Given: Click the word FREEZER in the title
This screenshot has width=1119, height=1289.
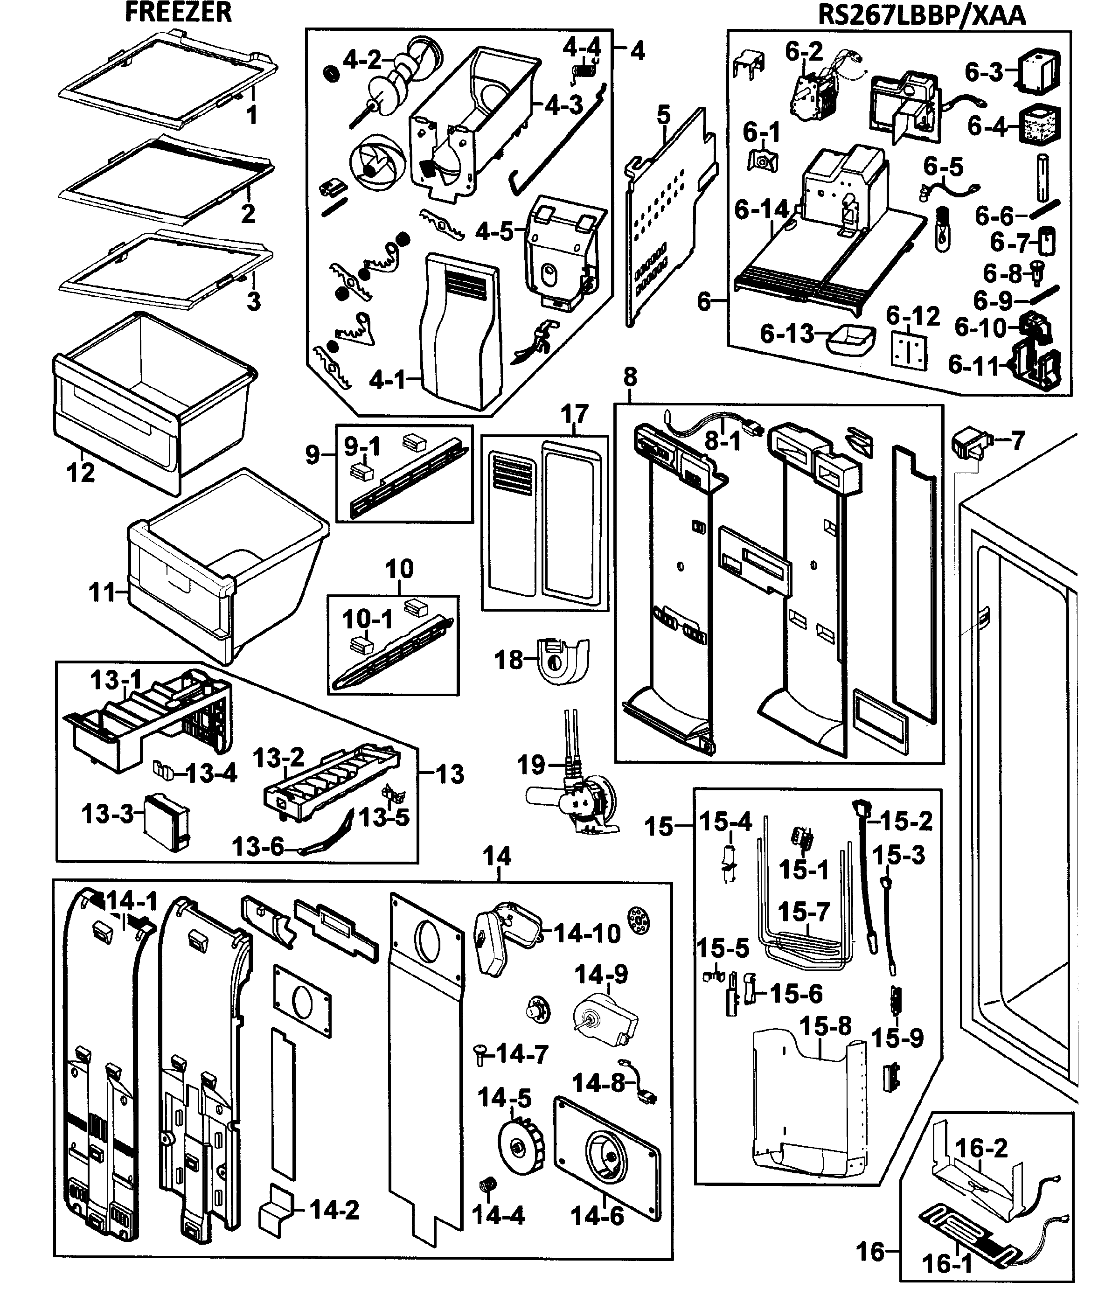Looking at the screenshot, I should pos(179,13).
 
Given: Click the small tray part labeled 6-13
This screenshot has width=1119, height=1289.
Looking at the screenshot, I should pos(850,341).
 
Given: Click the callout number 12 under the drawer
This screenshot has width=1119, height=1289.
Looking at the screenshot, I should pos(81,473).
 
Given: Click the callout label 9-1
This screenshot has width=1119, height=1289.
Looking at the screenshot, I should pos(362,446).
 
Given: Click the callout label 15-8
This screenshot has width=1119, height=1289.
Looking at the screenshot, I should pos(826,1026).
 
